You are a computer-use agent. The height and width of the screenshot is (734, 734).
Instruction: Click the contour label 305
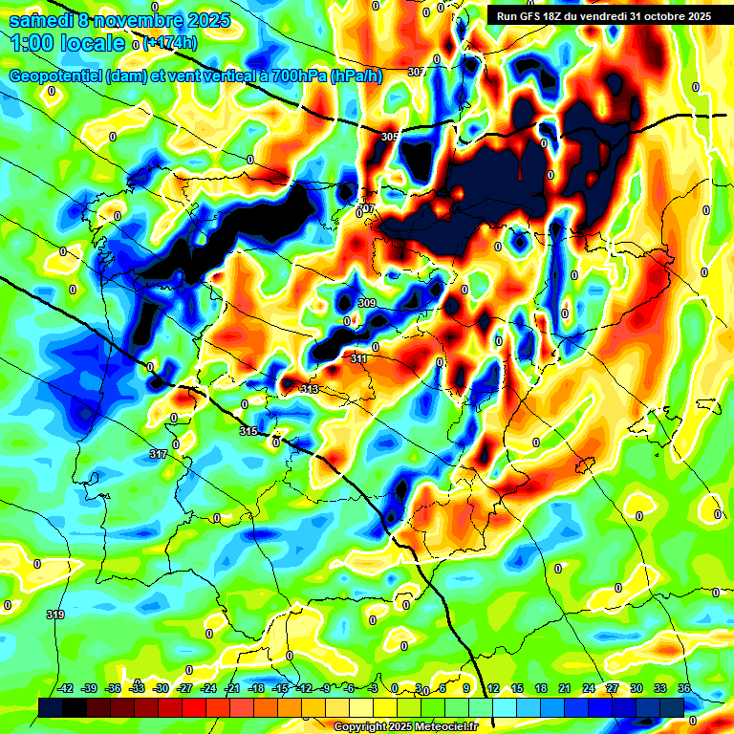(x=389, y=138)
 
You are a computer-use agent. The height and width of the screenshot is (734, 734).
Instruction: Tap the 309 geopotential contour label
(x=366, y=304)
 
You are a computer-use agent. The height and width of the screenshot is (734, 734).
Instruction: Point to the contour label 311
(x=359, y=358)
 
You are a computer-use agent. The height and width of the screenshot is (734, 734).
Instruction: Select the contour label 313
(x=309, y=389)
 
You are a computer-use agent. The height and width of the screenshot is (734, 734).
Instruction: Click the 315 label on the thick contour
(x=248, y=432)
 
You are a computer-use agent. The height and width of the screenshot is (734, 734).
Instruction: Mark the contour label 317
(x=159, y=454)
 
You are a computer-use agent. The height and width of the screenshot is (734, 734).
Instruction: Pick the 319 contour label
(x=55, y=615)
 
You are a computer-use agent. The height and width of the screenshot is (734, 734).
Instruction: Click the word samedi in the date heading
(x=39, y=19)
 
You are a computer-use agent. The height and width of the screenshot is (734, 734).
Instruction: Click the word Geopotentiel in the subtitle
(x=55, y=76)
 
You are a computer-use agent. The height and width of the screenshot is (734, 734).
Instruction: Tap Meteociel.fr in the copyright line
(x=440, y=727)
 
